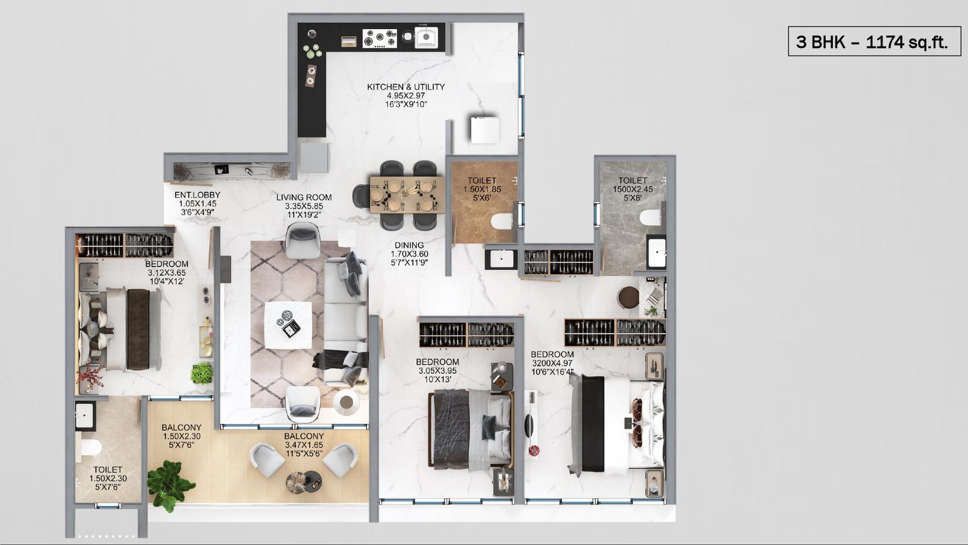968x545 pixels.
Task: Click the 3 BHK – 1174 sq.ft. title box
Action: (x=872, y=41)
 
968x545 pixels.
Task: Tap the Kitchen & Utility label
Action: (x=406, y=95)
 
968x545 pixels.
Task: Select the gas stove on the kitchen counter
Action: (x=379, y=38)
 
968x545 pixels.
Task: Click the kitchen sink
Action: (x=426, y=37)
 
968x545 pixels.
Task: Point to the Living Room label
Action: (x=304, y=206)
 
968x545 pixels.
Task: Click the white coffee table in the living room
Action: (x=288, y=325)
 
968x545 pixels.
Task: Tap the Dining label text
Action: (x=409, y=254)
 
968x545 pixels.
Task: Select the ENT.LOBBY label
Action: (x=197, y=203)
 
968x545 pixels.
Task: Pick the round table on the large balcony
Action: (x=303, y=481)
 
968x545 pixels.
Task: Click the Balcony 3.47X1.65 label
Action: (x=304, y=444)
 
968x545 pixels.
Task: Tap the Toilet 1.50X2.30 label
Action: (x=108, y=478)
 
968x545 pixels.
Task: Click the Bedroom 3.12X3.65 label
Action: (x=167, y=272)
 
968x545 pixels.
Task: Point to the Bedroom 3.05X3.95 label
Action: (x=437, y=370)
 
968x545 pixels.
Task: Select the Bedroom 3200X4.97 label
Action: (x=552, y=363)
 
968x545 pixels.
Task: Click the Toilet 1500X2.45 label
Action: (x=633, y=189)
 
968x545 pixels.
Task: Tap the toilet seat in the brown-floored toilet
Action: (x=502, y=221)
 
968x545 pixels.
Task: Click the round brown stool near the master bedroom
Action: (x=629, y=297)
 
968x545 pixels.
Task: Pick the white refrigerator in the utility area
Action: (x=485, y=130)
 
